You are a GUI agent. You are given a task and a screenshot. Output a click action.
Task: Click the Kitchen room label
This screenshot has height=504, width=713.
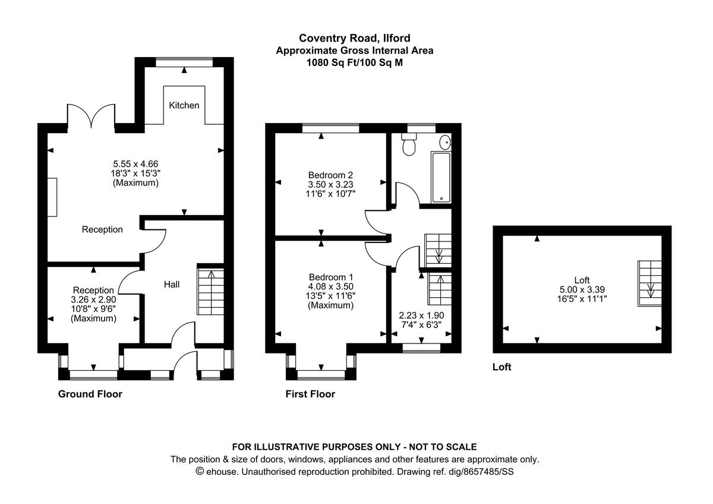[184, 105]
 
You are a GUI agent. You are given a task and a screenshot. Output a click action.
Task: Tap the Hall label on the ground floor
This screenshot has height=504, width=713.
[172, 285]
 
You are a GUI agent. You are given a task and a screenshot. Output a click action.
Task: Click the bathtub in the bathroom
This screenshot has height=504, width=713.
[441, 177]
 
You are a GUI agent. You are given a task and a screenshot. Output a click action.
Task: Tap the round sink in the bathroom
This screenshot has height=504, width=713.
[445, 141]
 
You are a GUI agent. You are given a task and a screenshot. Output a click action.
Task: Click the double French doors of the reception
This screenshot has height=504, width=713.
[90, 115]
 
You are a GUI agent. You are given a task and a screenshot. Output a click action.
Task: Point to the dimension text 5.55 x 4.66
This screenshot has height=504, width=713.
[135, 163]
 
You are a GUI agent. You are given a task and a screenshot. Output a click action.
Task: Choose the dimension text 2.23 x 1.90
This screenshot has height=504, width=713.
[421, 316]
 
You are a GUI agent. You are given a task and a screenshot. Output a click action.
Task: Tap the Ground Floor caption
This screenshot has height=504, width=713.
[90, 394]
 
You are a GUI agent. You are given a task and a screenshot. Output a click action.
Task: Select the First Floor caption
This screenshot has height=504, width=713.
[310, 394]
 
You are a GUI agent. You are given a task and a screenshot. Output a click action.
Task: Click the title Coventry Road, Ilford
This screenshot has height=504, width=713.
[354, 38]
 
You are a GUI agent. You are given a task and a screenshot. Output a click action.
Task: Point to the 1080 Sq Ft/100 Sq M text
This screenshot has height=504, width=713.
[354, 62]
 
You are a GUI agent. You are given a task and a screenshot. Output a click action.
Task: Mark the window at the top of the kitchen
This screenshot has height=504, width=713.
[184, 61]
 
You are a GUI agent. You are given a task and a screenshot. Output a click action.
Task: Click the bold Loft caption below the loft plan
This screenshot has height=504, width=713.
[501, 367]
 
